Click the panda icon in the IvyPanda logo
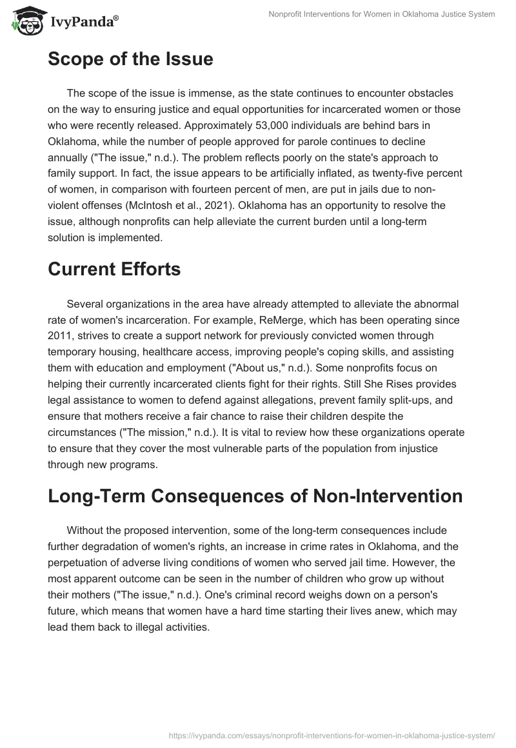click(x=24, y=22)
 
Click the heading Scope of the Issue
click(x=130, y=59)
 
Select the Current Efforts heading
click(x=114, y=269)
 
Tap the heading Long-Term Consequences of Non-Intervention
click(x=255, y=496)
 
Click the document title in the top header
click(x=382, y=14)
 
